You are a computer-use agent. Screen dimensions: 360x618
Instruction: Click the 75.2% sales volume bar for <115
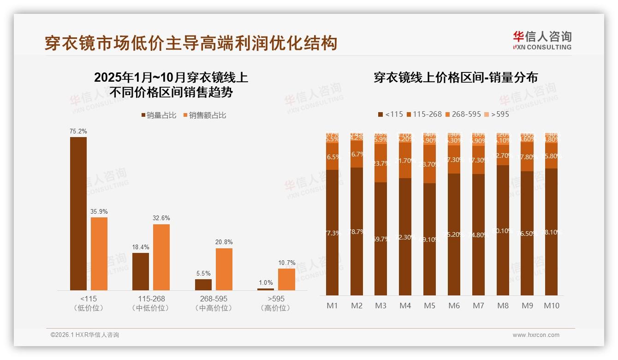point(78,213)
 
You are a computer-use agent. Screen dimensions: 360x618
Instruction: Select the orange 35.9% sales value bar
point(99,253)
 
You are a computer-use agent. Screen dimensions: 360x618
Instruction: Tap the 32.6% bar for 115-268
point(161,257)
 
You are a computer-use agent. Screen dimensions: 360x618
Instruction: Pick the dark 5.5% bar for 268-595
point(203,284)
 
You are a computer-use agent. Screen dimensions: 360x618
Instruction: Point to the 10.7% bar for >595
point(286,279)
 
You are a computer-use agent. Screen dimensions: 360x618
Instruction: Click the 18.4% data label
point(141,247)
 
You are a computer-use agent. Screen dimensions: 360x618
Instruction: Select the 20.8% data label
point(224,242)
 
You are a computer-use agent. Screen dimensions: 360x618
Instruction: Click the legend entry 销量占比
point(159,115)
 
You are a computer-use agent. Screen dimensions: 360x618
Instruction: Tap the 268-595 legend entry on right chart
point(463,114)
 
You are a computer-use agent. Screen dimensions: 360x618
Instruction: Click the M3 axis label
point(380,306)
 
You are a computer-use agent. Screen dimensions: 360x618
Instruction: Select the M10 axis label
point(551,306)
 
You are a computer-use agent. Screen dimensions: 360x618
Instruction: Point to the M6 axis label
point(454,306)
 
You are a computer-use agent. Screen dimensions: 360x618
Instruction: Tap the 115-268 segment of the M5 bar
point(429,164)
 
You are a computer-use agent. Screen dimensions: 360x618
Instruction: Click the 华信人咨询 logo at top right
point(542,40)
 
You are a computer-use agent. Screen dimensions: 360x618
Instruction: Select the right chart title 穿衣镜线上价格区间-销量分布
point(456,78)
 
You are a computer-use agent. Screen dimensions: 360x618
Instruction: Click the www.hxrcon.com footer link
point(536,335)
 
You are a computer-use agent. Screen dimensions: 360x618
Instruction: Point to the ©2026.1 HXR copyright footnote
point(85,335)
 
